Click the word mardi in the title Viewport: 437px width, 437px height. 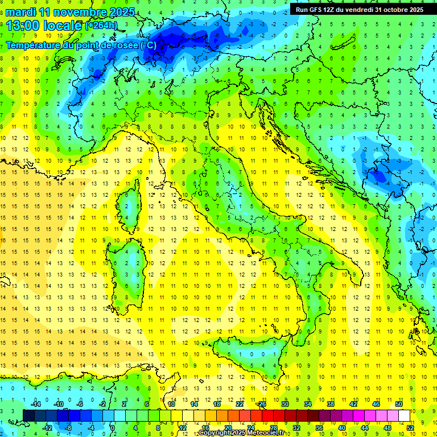(20, 12)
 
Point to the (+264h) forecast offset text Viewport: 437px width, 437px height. (101, 26)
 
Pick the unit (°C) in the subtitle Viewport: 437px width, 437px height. (148, 45)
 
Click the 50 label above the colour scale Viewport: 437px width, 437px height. (399, 404)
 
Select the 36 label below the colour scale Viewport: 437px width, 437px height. (319, 427)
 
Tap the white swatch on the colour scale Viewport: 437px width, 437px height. (404, 415)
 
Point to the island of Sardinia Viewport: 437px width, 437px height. (132, 259)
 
